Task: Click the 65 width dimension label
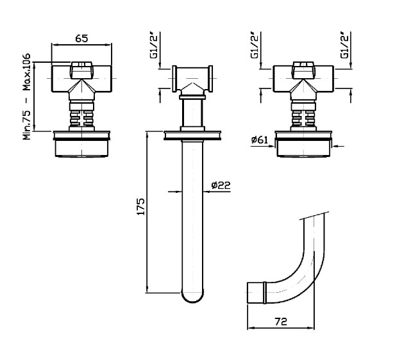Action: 81,38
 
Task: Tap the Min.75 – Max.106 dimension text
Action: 26,96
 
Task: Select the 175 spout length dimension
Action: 140,206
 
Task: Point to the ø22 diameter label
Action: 221,186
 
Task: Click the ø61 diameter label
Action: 260,140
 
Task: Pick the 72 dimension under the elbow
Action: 281,322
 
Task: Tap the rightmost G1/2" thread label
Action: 344,45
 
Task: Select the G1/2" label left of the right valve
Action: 255,45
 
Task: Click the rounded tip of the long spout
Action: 192,297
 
